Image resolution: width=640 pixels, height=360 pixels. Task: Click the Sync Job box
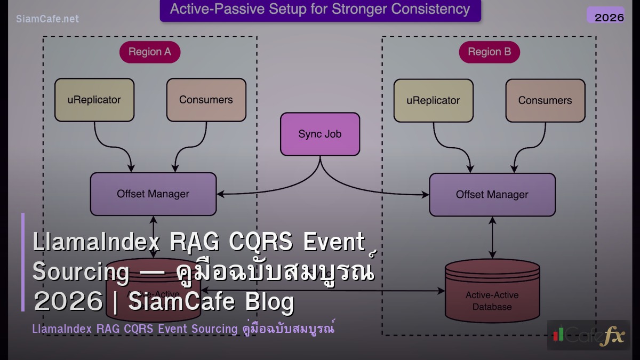pyautogui.click(x=320, y=134)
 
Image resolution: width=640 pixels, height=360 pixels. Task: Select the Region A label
pyautogui.click(x=149, y=52)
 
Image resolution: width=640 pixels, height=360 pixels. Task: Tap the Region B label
pyautogui.click(x=489, y=52)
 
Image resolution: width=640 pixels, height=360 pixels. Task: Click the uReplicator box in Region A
pyautogui.click(x=94, y=100)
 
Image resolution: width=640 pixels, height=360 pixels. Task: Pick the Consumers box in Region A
pyautogui.click(x=206, y=100)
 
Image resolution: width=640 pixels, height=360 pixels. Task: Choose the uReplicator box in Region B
pyautogui.click(x=433, y=100)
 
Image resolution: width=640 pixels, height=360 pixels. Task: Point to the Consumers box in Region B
pyautogui.click(x=545, y=100)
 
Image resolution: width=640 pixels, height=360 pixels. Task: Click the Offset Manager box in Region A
pyautogui.click(x=153, y=194)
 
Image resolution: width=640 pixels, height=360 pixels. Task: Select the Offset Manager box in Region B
pyautogui.click(x=492, y=195)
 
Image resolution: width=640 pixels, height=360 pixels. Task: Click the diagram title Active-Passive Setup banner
pyautogui.click(x=320, y=10)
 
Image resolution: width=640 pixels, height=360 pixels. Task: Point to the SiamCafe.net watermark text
pyautogui.click(x=47, y=19)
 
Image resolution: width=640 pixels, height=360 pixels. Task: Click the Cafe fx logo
pyautogui.click(x=588, y=335)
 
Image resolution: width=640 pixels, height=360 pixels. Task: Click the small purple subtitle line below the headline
pyautogui.click(x=183, y=329)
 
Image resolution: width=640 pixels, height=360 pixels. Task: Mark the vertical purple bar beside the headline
pyautogui.click(x=23, y=262)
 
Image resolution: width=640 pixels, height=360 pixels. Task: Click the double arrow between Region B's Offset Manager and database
pyautogui.click(x=492, y=237)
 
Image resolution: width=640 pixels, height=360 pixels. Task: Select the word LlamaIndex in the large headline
pyautogui.click(x=96, y=242)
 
